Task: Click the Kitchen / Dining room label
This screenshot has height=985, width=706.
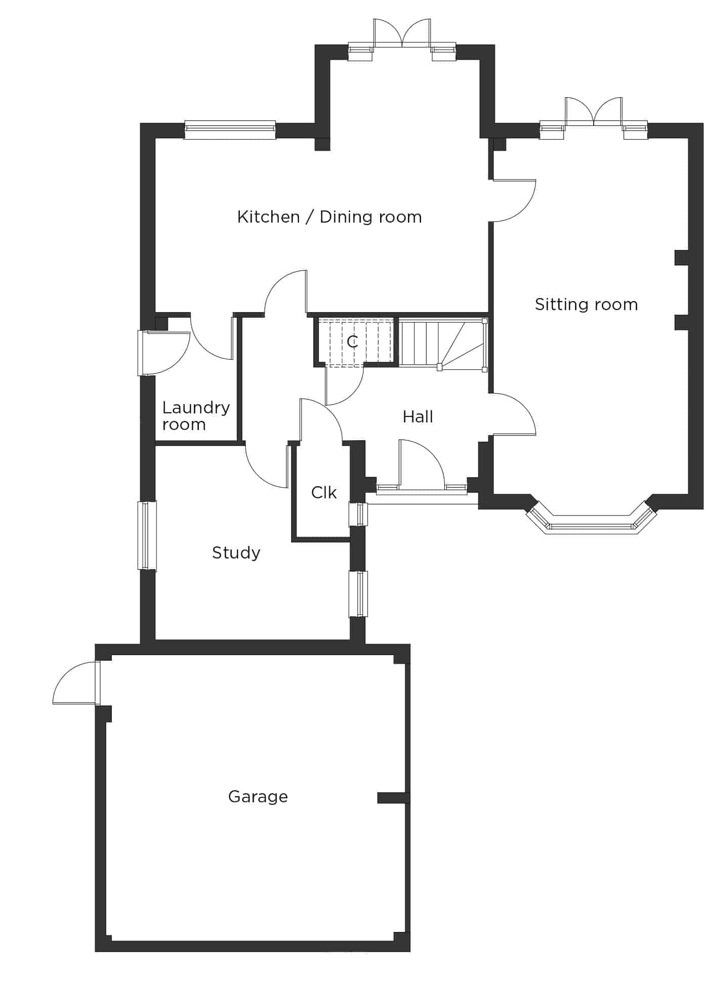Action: (329, 217)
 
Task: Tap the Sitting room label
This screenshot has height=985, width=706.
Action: (586, 305)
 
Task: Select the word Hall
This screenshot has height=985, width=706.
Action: (418, 417)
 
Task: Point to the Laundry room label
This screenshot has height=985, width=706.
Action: (196, 416)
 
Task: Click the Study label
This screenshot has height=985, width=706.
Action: (236, 553)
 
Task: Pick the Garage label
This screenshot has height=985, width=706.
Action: (258, 797)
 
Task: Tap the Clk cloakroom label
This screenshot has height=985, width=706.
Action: (324, 492)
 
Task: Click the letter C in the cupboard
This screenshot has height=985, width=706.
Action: (353, 342)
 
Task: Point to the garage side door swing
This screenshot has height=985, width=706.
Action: (76, 682)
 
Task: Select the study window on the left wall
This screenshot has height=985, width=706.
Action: (147, 536)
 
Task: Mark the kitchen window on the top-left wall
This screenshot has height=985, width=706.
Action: (230, 130)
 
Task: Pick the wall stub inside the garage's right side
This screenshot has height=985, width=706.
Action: (393, 798)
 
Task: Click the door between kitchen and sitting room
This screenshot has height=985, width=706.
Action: (512, 200)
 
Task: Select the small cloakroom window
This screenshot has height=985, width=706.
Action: (358, 515)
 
